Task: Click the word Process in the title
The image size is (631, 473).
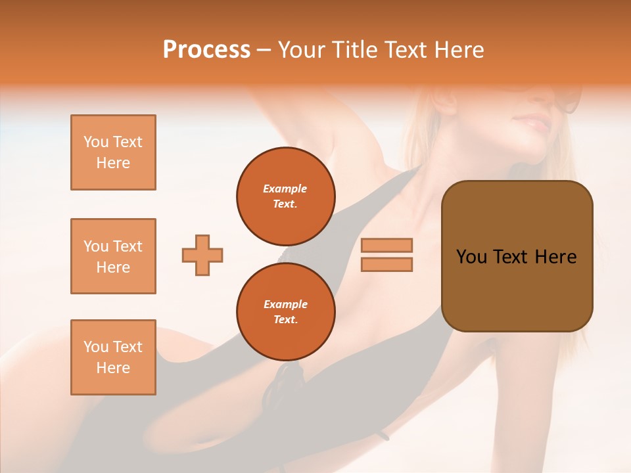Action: pyautogui.click(x=206, y=50)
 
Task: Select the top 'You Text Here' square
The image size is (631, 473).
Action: pyautogui.click(x=113, y=152)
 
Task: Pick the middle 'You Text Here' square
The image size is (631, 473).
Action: pyautogui.click(x=113, y=256)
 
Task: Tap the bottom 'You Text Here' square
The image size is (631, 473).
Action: pyautogui.click(x=113, y=357)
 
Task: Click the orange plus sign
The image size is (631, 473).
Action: pyautogui.click(x=202, y=255)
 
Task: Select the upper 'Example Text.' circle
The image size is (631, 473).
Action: pyautogui.click(x=285, y=196)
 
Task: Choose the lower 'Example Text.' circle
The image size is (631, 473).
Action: pyautogui.click(x=285, y=312)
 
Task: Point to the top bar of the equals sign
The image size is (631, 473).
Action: pyautogui.click(x=387, y=245)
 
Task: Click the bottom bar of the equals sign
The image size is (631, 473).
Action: pyautogui.click(x=387, y=264)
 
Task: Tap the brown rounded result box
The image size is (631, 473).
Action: pyautogui.click(x=517, y=256)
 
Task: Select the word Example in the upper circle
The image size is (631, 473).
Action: pyautogui.click(x=285, y=189)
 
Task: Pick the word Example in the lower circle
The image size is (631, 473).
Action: pyautogui.click(x=285, y=304)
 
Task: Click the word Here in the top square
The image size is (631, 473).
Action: pyautogui.click(x=113, y=163)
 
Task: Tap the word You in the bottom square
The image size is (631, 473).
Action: pyautogui.click(x=97, y=347)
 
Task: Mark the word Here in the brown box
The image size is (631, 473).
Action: pyautogui.click(x=555, y=257)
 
